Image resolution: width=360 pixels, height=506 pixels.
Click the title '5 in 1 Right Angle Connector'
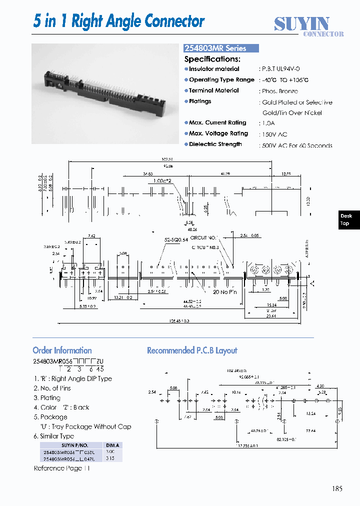pos(119,21)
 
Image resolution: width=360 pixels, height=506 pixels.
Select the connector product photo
pos(105,93)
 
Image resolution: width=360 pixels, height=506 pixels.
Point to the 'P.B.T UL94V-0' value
pos(280,69)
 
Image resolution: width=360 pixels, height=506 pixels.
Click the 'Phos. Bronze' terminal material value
pos(280,91)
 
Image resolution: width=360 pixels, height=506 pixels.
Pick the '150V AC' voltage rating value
pos(274,134)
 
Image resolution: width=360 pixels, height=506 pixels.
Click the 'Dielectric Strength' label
pos(215,144)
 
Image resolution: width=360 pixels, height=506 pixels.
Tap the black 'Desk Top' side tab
pos(346,219)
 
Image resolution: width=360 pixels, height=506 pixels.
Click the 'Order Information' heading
pos(62,350)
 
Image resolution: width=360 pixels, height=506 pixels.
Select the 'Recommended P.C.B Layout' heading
pos(192,350)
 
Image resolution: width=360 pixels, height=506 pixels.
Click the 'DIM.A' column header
pos(111,444)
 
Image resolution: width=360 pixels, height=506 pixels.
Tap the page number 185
pos(336,488)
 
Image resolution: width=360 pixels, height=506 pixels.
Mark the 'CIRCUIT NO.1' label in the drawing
pos(205,238)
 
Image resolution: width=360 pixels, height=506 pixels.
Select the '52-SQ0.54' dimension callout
pos(176,240)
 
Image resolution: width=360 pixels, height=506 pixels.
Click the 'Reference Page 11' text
pos(62,468)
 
